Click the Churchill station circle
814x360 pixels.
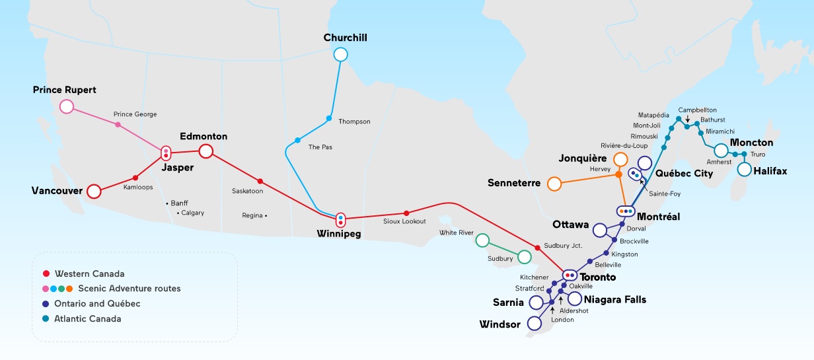pos(340,54)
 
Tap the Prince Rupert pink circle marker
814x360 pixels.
pos(66,106)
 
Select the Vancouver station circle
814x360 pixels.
pos(94,192)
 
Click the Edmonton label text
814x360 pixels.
pos(203,136)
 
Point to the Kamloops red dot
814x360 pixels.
pos(135,178)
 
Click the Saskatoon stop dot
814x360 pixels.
pos(260,181)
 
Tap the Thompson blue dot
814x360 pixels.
pos(329,118)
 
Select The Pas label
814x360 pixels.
pos(320,147)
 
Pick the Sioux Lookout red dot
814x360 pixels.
pos(406,213)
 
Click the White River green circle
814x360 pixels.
pos(482,240)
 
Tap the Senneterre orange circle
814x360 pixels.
pos(554,183)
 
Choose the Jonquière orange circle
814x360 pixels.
pos(620,159)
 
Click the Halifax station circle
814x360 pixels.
pos(745,170)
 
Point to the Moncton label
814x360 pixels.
pos(751,143)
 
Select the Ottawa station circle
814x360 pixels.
pos(600,230)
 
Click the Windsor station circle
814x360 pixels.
pos(534,324)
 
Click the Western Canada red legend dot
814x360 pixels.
pos(45,273)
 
